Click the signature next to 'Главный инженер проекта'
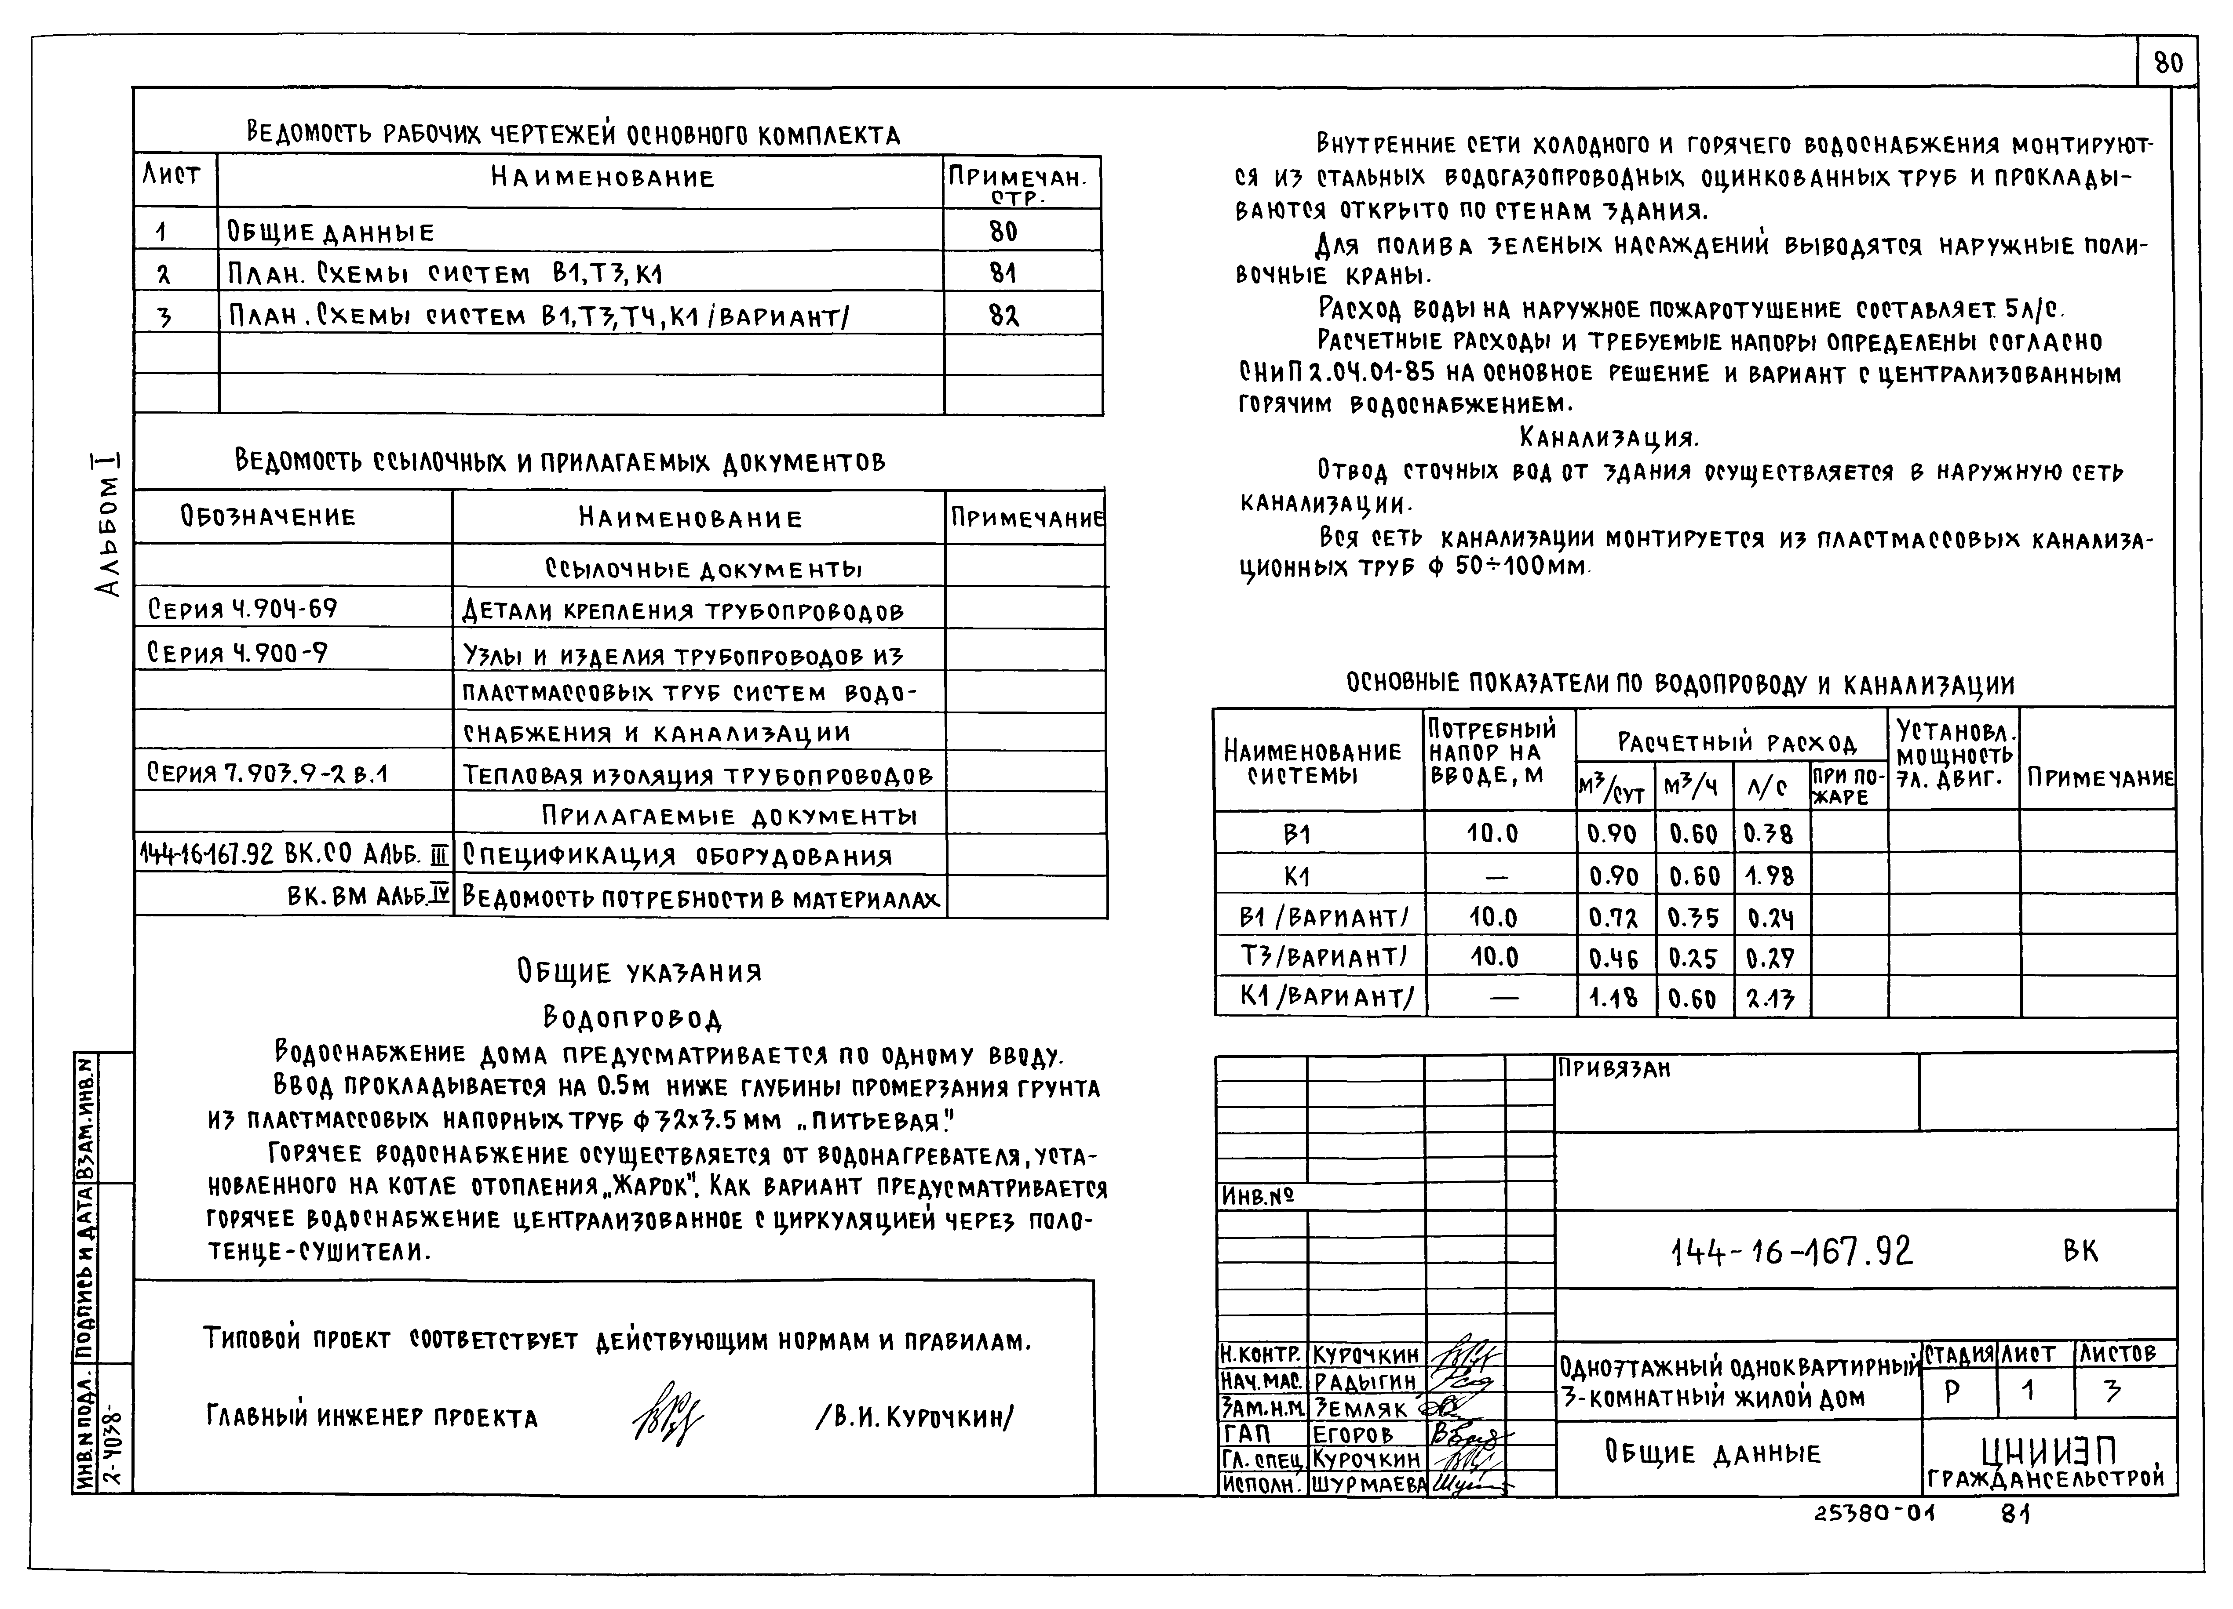click(x=667, y=1415)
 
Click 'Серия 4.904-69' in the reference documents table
click(x=242, y=609)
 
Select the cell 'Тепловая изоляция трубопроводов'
click(x=697, y=775)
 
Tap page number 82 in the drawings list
click(x=1003, y=316)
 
